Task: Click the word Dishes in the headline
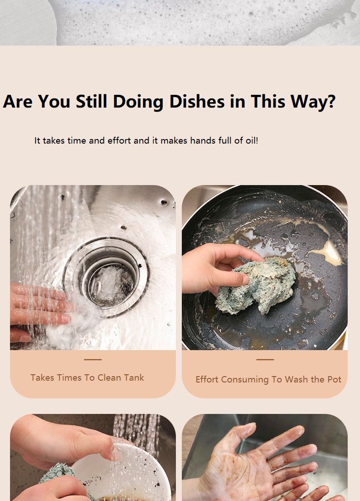197,102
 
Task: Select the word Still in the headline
91,101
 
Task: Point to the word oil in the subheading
251,140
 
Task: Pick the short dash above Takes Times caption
93,360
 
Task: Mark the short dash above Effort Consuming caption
265,360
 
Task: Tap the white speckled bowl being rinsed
124,473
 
